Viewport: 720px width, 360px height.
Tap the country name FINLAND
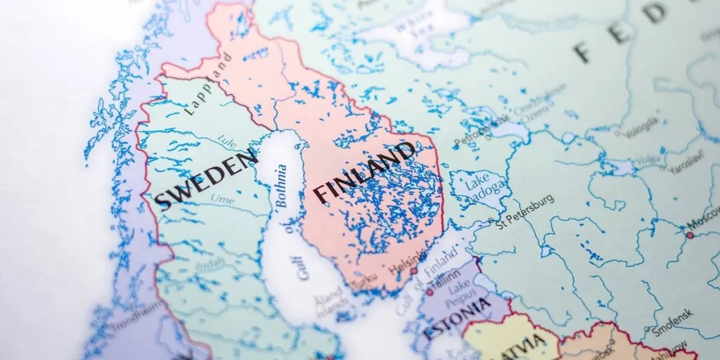pos(364,171)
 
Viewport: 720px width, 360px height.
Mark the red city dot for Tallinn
pos(430,291)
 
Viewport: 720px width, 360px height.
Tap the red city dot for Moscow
pos(690,235)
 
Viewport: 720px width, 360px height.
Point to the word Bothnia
pos(281,185)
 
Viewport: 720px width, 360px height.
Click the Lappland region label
pos(208,84)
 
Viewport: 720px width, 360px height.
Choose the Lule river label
pos(226,141)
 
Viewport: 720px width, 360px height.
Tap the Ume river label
pos(222,200)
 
